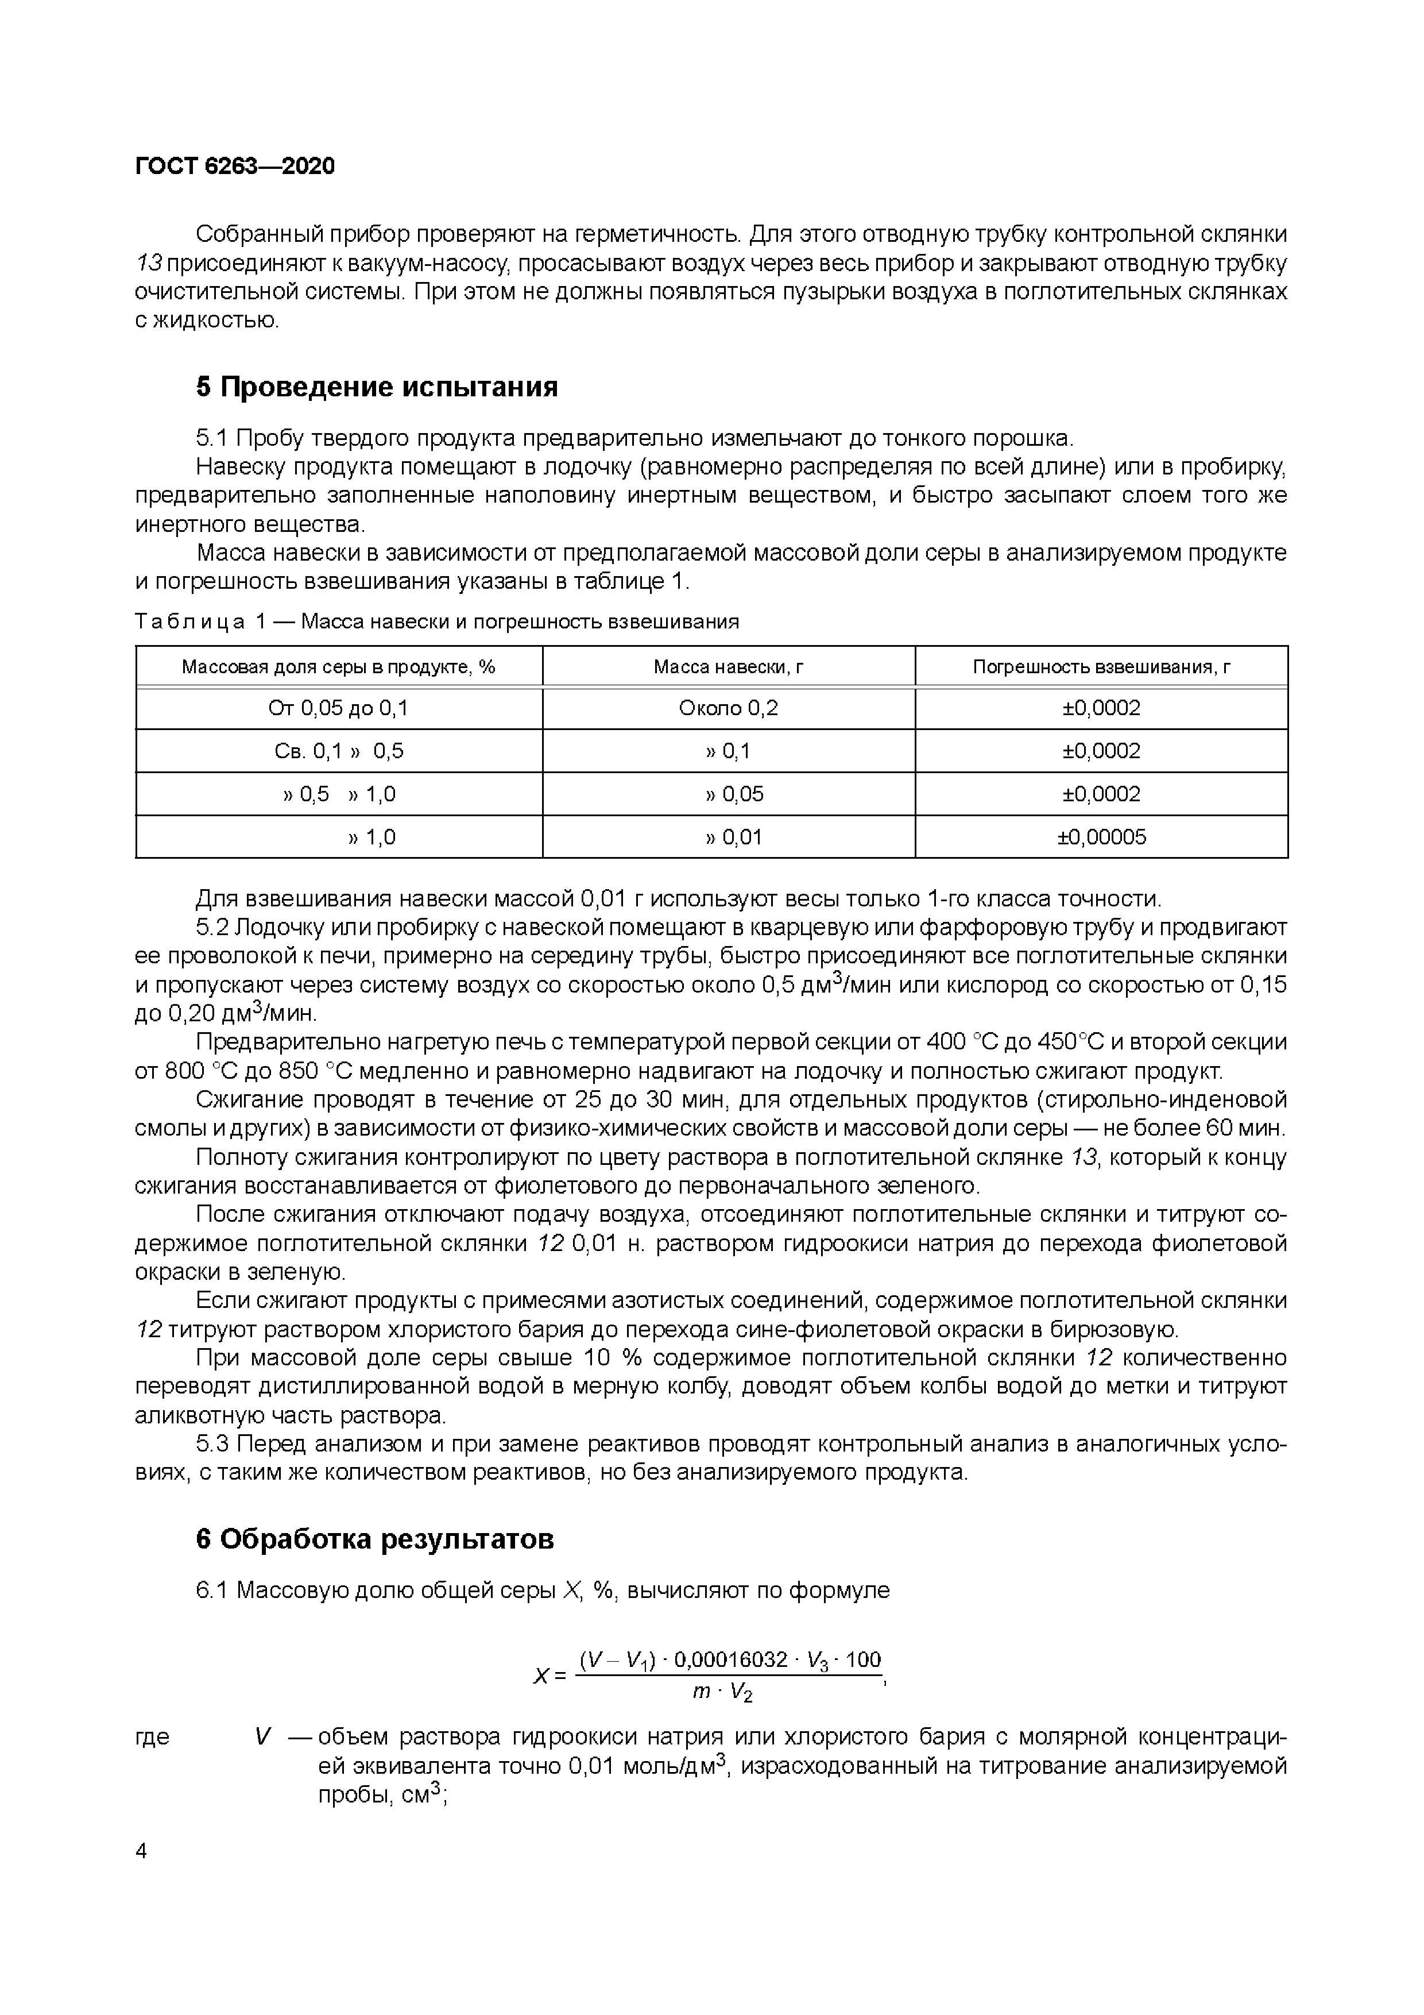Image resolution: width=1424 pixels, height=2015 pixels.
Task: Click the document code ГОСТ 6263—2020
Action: (x=235, y=166)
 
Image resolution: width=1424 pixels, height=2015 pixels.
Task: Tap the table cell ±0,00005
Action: (x=1101, y=837)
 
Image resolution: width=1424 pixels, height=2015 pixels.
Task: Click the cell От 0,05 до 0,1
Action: (x=339, y=708)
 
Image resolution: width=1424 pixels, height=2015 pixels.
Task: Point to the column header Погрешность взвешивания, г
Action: (x=1101, y=667)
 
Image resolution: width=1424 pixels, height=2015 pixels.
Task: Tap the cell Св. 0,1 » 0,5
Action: (x=339, y=751)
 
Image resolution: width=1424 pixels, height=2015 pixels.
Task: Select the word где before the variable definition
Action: (x=153, y=1737)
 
